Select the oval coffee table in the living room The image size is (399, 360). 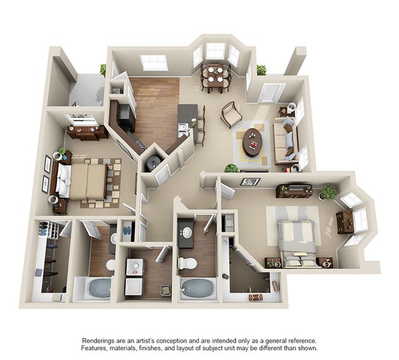253,142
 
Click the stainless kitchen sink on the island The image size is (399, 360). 183,129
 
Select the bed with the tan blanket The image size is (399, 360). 85,181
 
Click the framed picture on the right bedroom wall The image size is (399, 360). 251,181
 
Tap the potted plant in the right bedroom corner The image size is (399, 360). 328,192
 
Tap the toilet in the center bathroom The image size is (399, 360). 188,263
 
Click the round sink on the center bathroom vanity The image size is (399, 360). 187,232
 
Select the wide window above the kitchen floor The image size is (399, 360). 154,62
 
